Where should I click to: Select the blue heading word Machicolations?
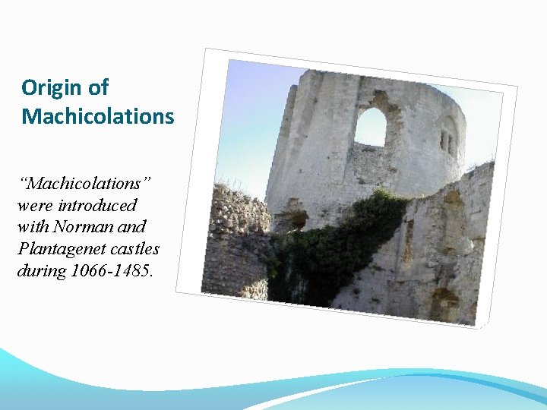point(98,117)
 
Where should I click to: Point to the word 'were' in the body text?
point(34,205)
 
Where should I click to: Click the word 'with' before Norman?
point(33,226)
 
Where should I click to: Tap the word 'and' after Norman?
point(131,226)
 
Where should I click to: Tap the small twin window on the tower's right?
point(446,141)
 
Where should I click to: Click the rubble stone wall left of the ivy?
point(236,235)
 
